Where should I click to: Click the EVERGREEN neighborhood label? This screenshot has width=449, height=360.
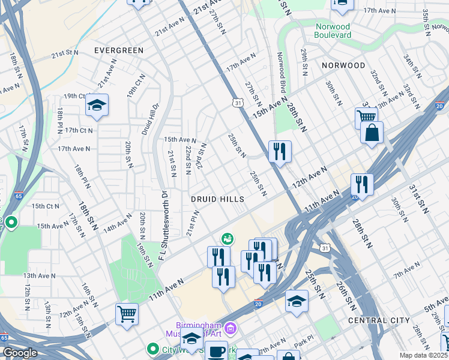point(119,51)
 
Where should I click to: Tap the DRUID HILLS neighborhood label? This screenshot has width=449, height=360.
point(217,199)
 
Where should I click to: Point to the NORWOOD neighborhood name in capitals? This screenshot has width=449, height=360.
point(343,65)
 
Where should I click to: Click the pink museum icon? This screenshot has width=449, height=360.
point(232,327)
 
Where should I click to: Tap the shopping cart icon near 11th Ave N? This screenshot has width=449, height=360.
point(127,314)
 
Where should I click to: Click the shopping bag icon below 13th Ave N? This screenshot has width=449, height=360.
point(372,133)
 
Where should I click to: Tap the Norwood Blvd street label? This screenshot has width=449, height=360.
point(280,68)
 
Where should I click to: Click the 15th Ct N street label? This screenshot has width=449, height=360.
point(46,206)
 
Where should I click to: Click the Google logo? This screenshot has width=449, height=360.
point(20,353)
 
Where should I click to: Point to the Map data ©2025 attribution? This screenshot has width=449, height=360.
point(423,355)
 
